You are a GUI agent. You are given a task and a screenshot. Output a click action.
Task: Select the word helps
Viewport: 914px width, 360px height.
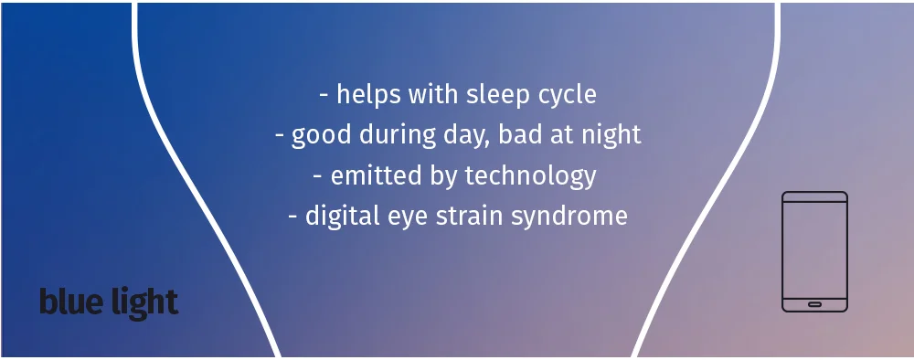(367, 94)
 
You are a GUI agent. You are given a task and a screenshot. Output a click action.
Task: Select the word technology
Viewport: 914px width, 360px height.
(531, 176)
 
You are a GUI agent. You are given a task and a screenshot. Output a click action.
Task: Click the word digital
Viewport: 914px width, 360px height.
(343, 217)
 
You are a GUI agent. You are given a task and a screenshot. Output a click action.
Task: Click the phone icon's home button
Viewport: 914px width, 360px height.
(815, 304)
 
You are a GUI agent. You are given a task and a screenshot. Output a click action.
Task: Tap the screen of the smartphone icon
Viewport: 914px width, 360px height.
(815, 250)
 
